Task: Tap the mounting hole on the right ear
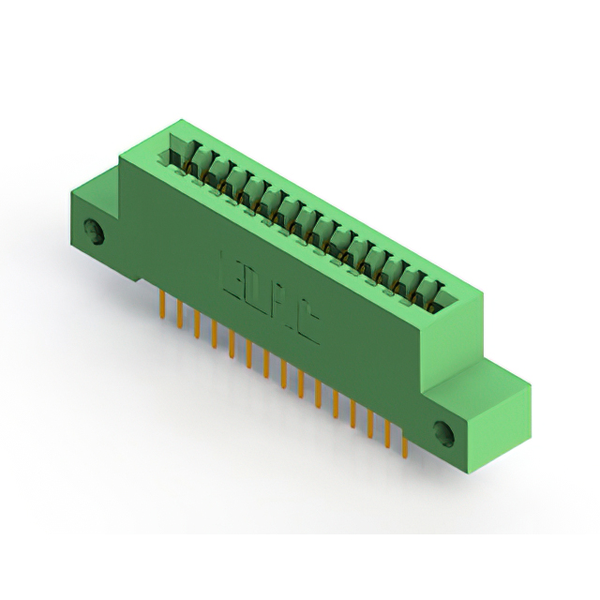442,432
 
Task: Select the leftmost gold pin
163,305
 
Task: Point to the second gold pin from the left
180,314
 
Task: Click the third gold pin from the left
197,324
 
